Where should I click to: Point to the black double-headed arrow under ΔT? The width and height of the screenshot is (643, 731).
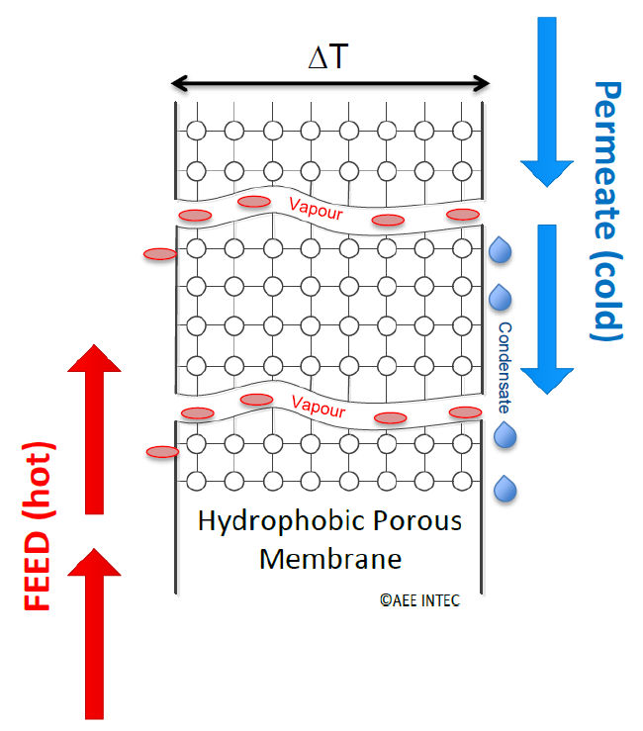click(329, 84)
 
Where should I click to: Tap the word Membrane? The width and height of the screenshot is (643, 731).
click(330, 559)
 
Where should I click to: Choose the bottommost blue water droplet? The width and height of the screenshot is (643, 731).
click(505, 488)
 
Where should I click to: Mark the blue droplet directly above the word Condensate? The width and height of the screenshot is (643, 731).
click(501, 297)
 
